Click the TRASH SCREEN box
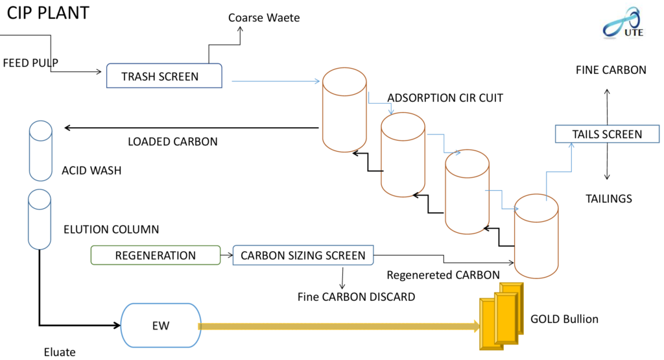[x=164, y=76]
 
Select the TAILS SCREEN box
[x=607, y=134]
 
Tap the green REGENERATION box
[x=155, y=255]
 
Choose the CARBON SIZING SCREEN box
[x=303, y=256]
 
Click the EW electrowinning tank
[x=161, y=326]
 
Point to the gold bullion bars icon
[x=501, y=316]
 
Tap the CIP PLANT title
[x=48, y=12]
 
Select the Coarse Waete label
[x=264, y=18]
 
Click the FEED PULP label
[x=30, y=63]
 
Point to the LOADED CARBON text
[x=172, y=141]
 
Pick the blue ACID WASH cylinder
[x=40, y=150]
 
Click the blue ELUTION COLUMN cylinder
[x=39, y=219]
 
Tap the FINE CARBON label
[x=611, y=69]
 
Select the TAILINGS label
[x=608, y=198]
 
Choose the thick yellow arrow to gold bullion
[x=337, y=326]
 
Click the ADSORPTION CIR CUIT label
[x=445, y=98]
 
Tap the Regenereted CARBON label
[x=443, y=274]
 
